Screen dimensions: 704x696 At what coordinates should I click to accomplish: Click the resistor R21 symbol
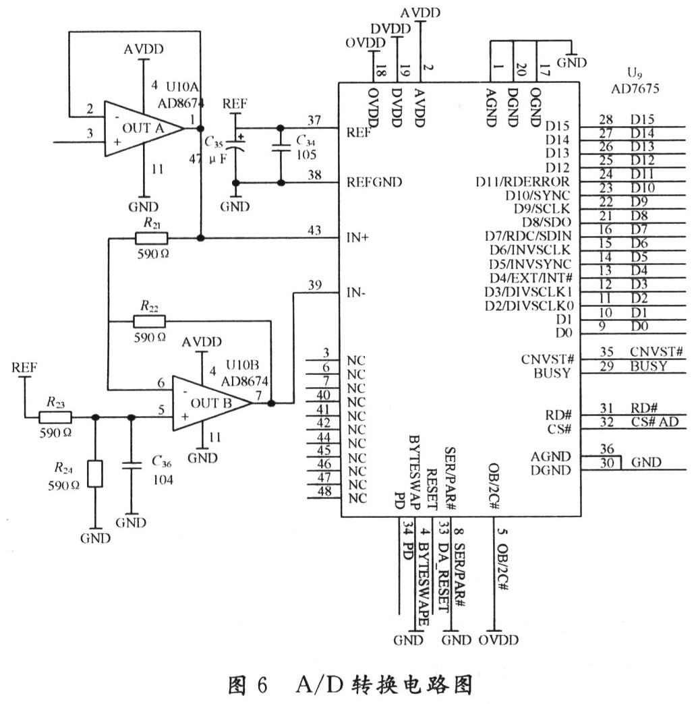click(151, 238)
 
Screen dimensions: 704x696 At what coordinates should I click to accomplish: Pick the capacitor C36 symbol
click(131, 465)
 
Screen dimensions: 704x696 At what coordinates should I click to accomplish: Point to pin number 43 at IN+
click(314, 231)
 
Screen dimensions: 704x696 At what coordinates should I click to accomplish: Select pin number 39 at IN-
click(314, 285)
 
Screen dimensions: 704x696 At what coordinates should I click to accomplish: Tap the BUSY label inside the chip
click(552, 373)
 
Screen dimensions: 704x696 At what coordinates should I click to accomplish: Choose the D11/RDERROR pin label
click(523, 182)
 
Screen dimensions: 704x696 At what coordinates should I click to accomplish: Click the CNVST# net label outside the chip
click(657, 351)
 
